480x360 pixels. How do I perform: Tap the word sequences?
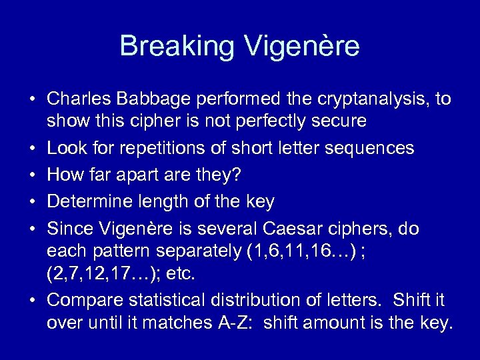point(372,148)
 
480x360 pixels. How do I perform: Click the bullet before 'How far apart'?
point(33,175)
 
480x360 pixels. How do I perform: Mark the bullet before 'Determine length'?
point(33,201)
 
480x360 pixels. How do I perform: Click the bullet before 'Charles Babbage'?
point(33,100)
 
